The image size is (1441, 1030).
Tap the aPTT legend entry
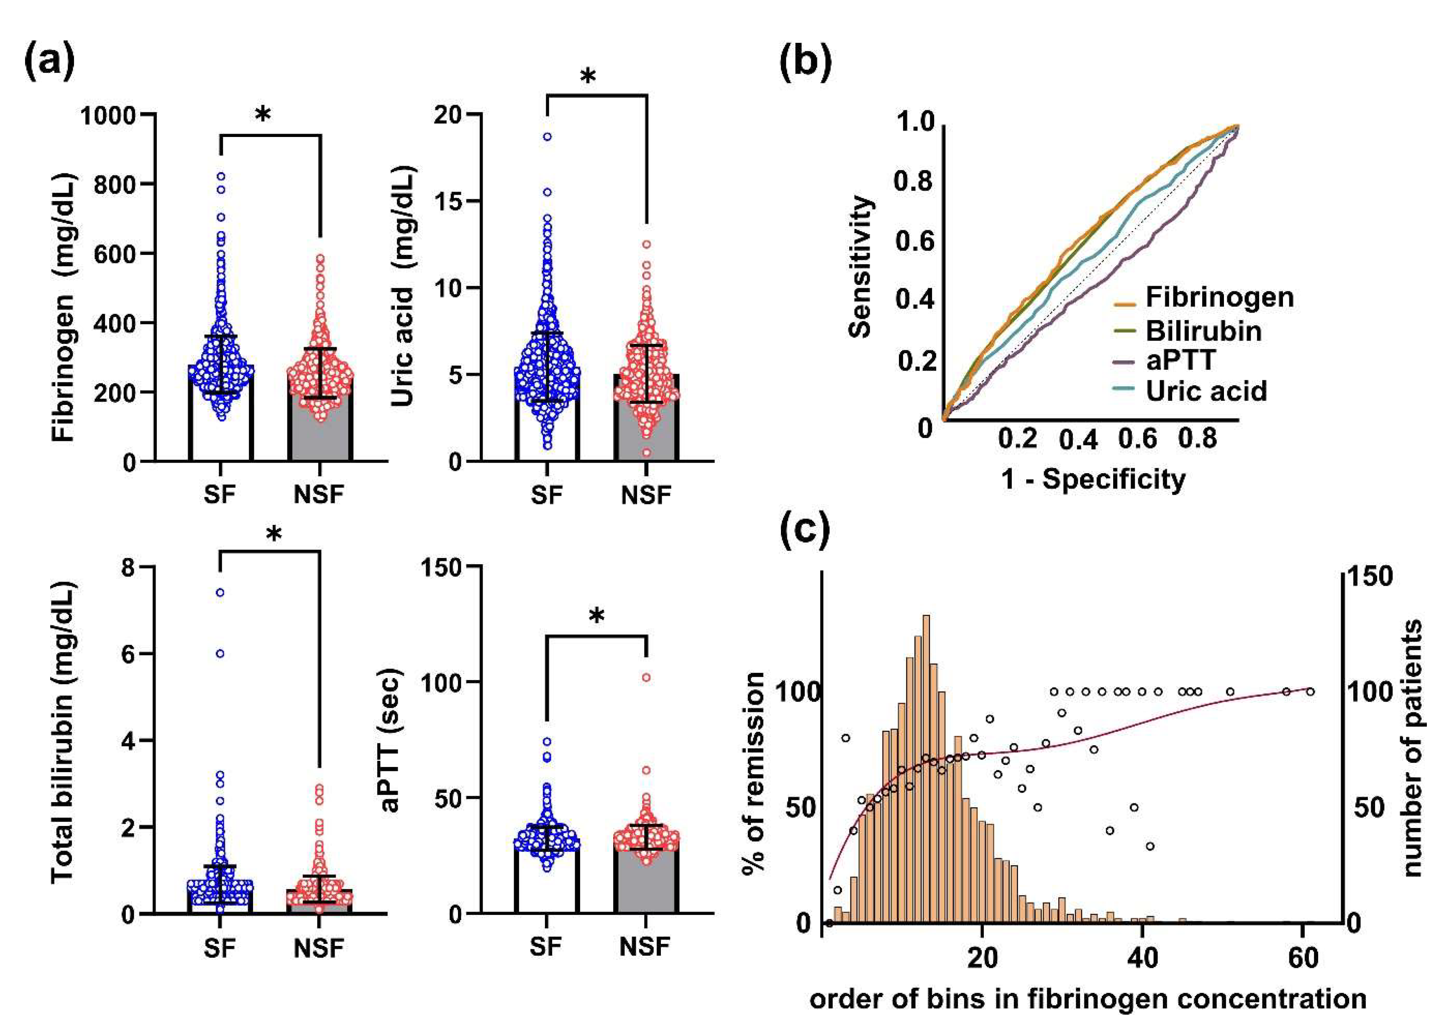tap(1180, 360)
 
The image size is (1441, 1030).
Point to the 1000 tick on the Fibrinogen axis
tap(108, 116)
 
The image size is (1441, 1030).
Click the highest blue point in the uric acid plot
tap(547, 136)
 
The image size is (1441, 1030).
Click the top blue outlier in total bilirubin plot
tap(220, 592)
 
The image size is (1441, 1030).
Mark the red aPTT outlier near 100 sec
tap(646, 677)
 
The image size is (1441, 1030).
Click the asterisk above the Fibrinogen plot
tap(263, 114)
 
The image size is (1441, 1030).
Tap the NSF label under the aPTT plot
tap(646, 947)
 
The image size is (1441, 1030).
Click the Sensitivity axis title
tap(861, 266)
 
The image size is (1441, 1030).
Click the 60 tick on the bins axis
tap(1304, 957)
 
